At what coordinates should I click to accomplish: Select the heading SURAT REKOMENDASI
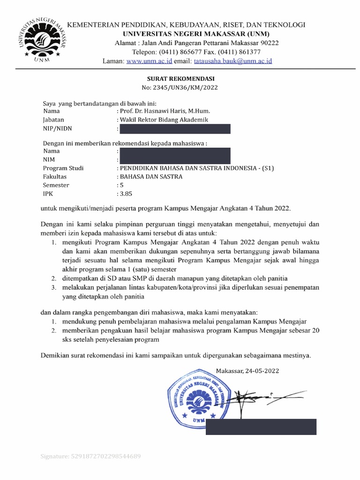(x=180, y=79)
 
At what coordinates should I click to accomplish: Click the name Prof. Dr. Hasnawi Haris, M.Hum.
(x=165, y=112)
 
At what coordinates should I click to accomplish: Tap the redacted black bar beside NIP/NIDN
(x=174, y=129)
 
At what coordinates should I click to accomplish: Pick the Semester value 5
(x=122, y=185)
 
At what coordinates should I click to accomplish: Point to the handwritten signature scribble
(x=262, y=397)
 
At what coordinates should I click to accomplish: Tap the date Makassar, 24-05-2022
(x=247, y=371)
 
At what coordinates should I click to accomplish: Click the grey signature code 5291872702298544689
(x=91, y=456)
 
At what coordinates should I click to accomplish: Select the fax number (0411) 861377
(x=237, y=52)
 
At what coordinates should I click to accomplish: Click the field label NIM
(x=49, y=160)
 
